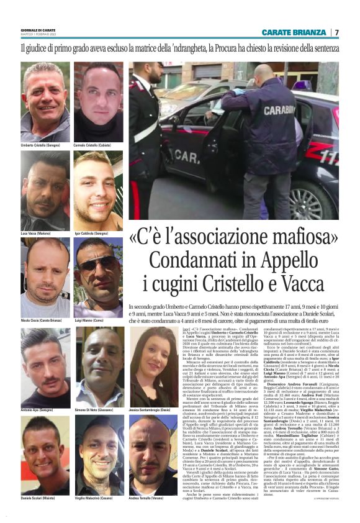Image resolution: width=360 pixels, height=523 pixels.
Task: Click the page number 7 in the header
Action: [x=337, y=32]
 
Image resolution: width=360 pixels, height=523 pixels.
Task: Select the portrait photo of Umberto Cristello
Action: [x=45, y=102]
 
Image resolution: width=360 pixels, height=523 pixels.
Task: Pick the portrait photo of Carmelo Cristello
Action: [x=99, y=102]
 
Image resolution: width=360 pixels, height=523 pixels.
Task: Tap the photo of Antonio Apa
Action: [x=45, y=367]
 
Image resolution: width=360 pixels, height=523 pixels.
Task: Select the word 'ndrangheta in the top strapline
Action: [x=184, y=47]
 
